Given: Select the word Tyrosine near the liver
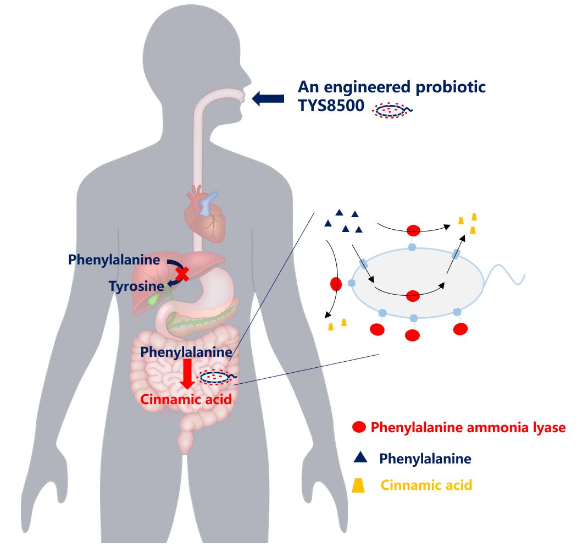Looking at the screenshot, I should [136, 286].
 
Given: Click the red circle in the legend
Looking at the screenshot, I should [359, 427].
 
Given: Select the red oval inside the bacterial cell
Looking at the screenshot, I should [413, 296].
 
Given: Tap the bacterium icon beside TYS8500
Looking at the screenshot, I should [392, 110].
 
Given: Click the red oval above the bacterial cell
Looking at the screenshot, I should [413, 230].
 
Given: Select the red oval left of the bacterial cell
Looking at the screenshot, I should [336, 284].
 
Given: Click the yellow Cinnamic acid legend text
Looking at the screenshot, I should [426, 485].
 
